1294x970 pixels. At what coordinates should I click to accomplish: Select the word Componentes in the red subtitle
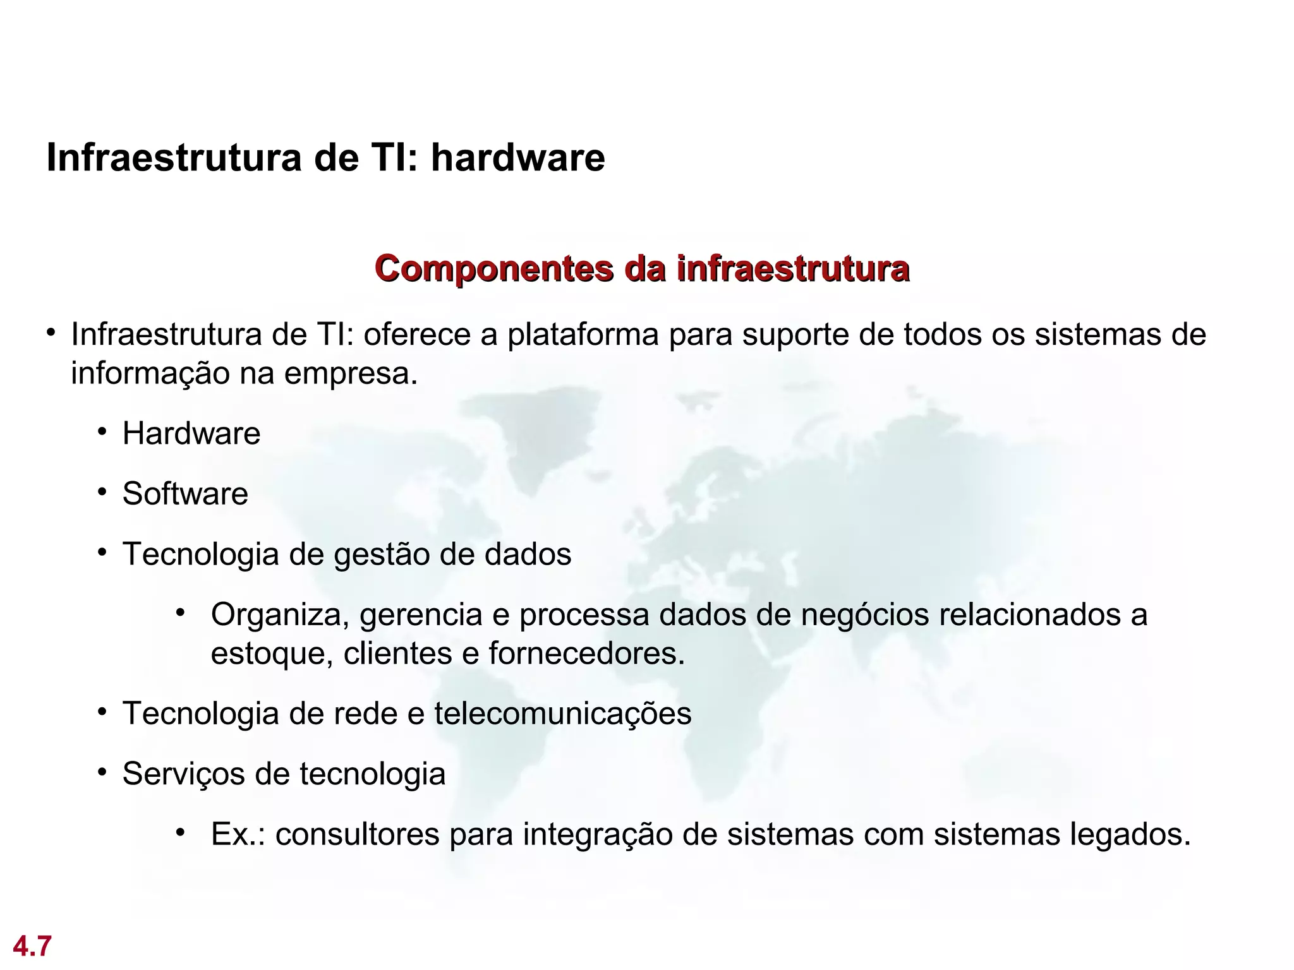click(x=493, y=268)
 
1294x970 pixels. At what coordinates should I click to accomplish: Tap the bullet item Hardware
click(x=191, y=434)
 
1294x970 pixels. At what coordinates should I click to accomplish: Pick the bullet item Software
click(x=185, y=494)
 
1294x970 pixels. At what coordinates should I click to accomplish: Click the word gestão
click(x=381, y=554)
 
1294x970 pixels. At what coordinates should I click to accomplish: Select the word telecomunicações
click(x=562, y=714)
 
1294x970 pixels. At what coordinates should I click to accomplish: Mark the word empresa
click(x=351, y=374)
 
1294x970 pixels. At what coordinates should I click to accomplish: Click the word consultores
click(x=357, y=834)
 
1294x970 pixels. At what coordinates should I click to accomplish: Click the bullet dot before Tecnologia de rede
click(x=102, y=712)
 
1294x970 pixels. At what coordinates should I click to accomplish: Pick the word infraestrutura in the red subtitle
click(x=793, y=268)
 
